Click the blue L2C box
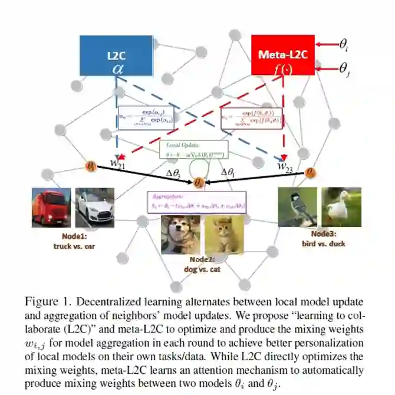tap(116, 57)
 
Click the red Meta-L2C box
tap(281, 54)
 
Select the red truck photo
tap(51, 207)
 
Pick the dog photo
tap(180, 234)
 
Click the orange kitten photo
tap(223, 234)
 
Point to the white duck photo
tap(341, 206)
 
